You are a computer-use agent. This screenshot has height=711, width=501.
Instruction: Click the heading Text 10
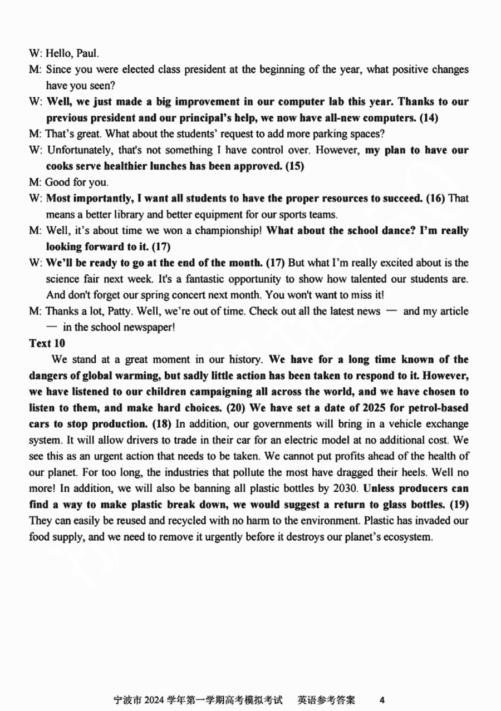(47, 343)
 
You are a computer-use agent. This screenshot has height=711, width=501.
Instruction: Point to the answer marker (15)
(294, 166)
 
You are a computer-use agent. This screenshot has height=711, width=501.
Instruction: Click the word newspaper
(151, 327)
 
